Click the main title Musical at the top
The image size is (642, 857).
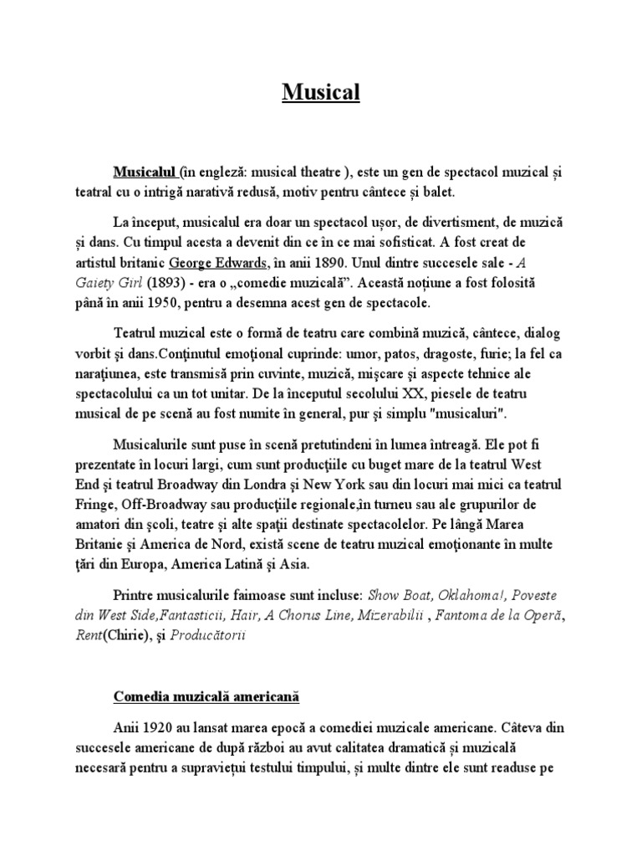tap(320, 91)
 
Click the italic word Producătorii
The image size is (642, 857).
tap(210, 634)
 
